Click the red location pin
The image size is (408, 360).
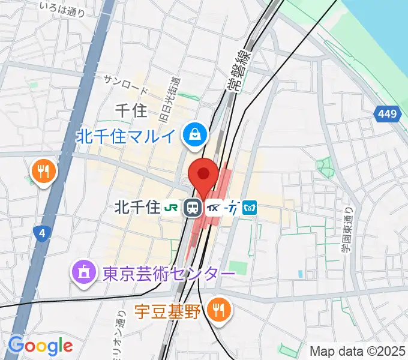(203, 175)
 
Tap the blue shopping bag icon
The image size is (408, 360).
(196, 134)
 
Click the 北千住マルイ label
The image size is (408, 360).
(127, 136)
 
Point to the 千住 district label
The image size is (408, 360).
(130, 110)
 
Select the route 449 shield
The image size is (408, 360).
(388, 114)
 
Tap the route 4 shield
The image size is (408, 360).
(40, 233)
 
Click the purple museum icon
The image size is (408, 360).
(82, 273)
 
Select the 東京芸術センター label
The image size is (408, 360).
(169, 274)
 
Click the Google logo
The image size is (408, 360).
(40, 346)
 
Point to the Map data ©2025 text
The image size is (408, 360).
(358, 351)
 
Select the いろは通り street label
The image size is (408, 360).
(61, 5)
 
